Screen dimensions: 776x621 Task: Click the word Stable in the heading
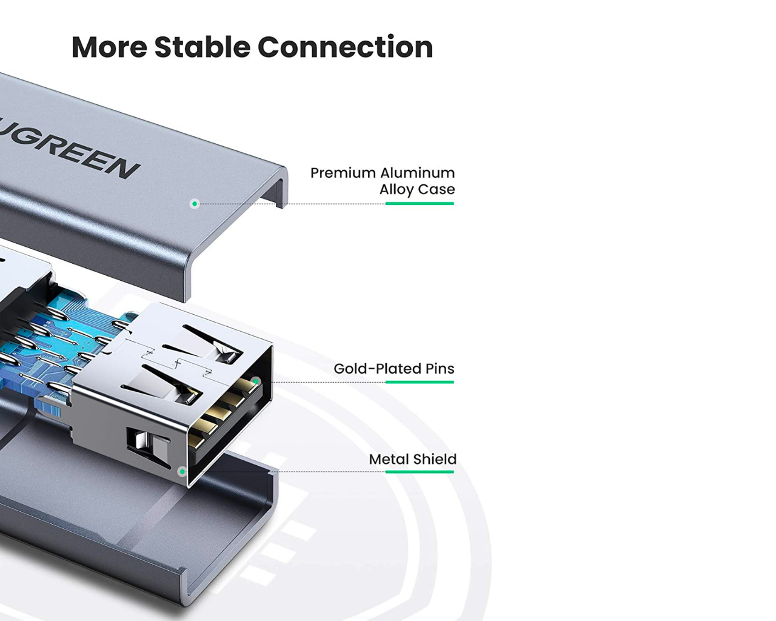202,47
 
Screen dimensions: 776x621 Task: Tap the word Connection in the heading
346,47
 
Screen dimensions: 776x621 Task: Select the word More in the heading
109,47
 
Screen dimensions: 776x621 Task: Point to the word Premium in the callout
343,173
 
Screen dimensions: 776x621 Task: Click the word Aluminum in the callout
418,173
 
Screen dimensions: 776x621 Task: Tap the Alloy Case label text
417,189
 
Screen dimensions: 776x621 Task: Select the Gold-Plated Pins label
394,368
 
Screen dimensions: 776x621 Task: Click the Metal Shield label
413,459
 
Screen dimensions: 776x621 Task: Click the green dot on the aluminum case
195,204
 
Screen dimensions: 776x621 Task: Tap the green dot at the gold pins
256,381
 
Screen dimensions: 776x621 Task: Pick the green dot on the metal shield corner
182,471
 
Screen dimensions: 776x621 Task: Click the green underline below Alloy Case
420,204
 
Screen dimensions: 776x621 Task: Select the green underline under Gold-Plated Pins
420,382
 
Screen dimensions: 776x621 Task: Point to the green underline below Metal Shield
420,472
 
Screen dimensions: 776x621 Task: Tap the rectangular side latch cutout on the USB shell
149,446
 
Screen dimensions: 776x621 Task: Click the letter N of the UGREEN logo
124,169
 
